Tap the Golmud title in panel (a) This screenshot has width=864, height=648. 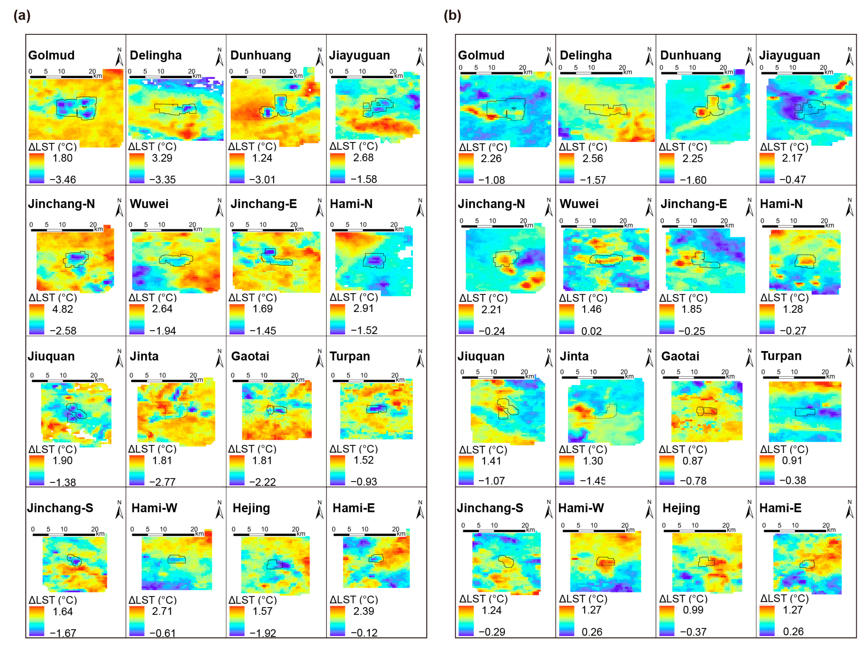[x=51, y=55]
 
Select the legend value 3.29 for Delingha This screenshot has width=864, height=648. [x=162, y=158]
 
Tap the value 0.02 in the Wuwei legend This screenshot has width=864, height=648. [x=591, y=331]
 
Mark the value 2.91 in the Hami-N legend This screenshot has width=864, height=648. [x=363, y=308]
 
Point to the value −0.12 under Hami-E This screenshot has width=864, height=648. [x=364, y=632]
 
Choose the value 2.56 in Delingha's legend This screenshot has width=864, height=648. [x=593, y=158]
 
